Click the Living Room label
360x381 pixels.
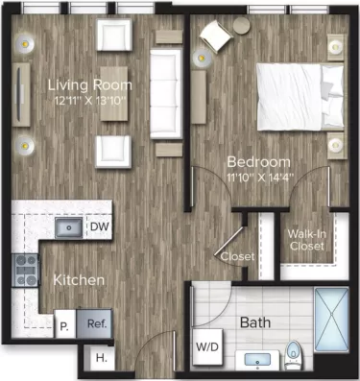[x=90, y=84]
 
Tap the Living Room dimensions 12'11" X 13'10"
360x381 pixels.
[x=90, y=100]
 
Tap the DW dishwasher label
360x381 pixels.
[x=98, y=227]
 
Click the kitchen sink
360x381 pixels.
[x=68, y=227]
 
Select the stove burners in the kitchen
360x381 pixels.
[x=25, y=271]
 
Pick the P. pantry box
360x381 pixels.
[x=64, y=325]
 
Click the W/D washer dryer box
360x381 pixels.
[x=207, y=346]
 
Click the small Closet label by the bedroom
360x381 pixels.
[x=237, y=256]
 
